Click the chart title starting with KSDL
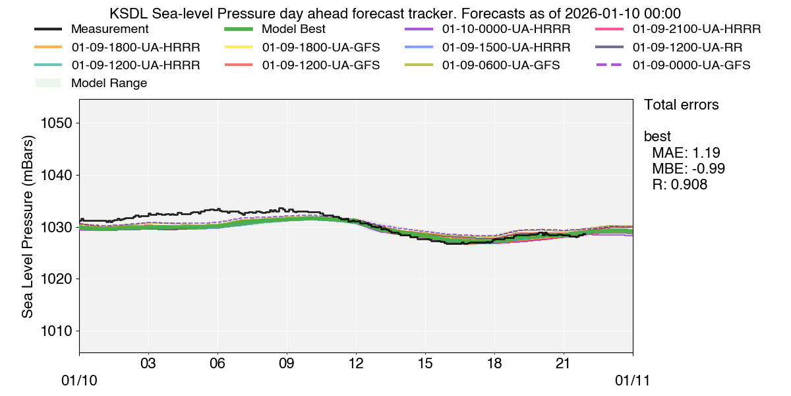[x=395, y=13]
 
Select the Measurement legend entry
[x=109, y=30]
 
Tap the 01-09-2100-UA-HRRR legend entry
[x=696, y=30]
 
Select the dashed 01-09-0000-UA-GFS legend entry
[x=691, y=65]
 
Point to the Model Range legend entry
[x=109, y=83]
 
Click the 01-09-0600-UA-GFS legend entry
[x=501, y=65]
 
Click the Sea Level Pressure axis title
[x=28, y=225]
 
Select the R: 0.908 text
[x=680, y=185]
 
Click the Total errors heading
[x=681, y=105]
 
